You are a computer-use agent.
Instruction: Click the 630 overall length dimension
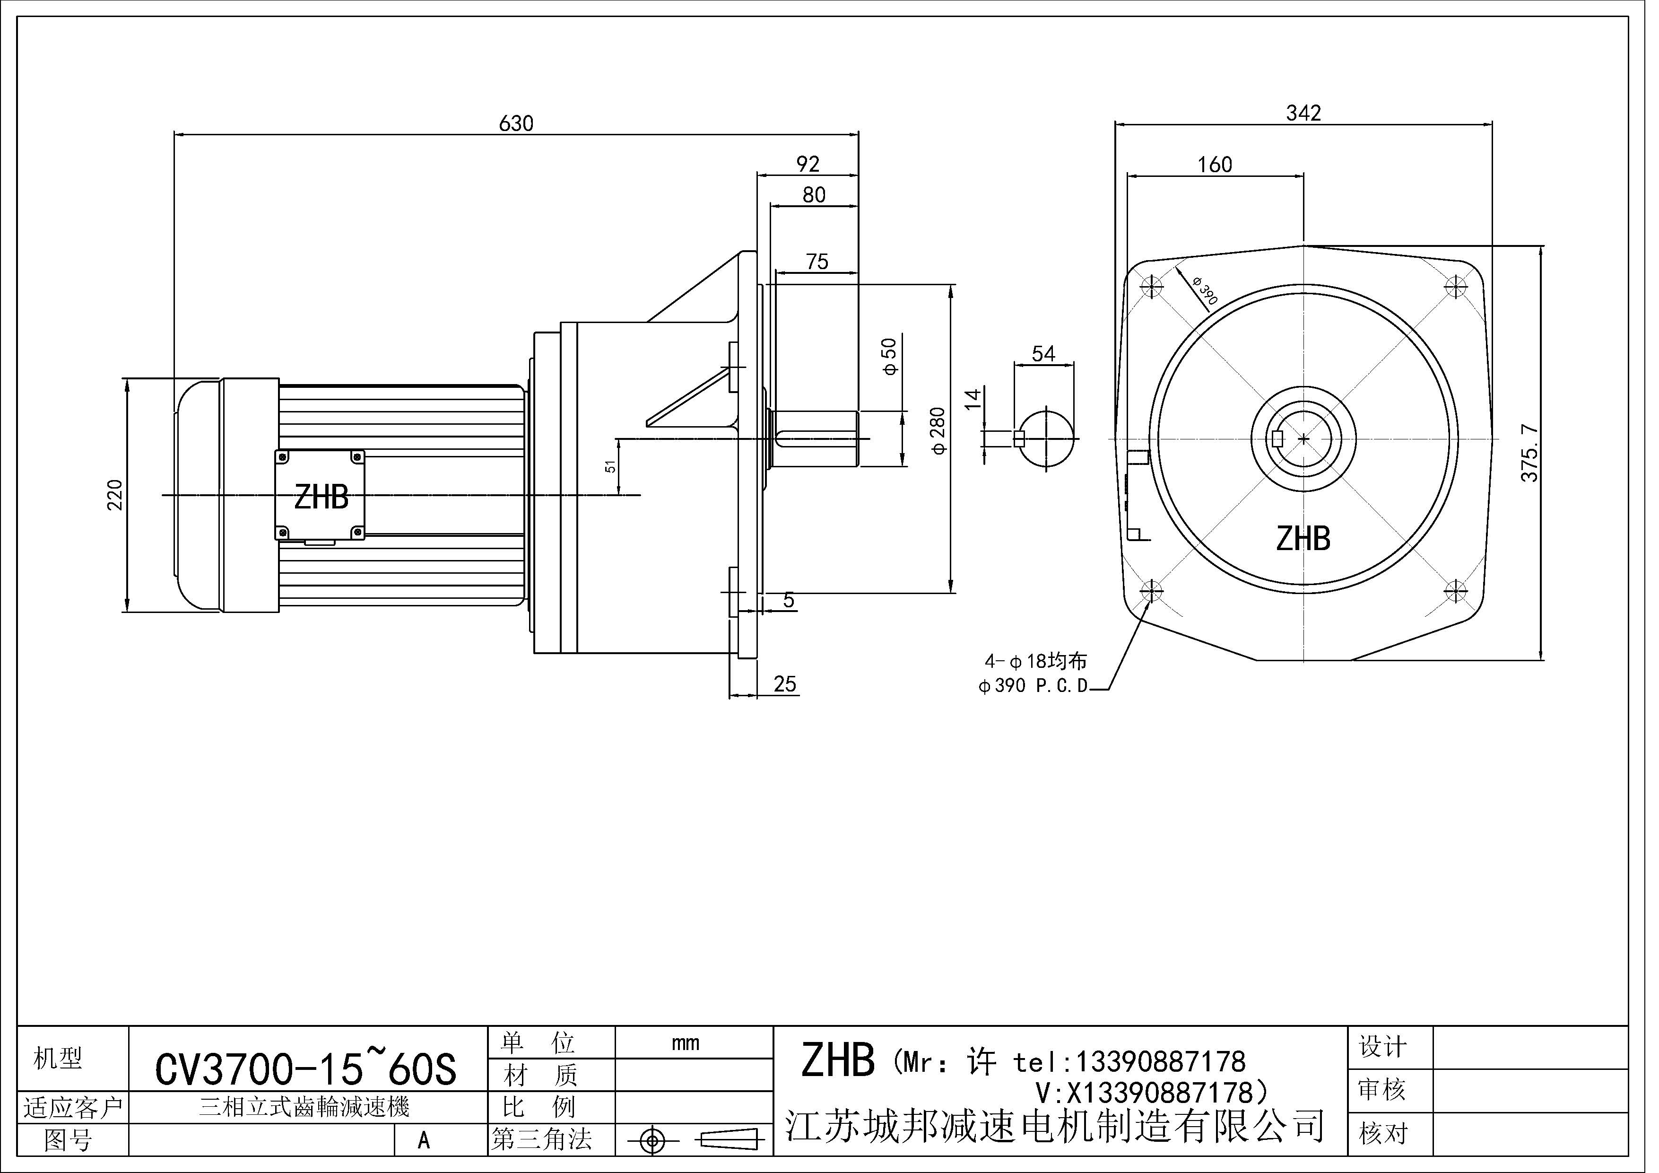point(516,123)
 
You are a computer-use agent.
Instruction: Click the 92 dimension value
point(808,164)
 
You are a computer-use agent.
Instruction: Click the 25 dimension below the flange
point(785,684)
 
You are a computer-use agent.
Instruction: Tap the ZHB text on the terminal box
point(321,497)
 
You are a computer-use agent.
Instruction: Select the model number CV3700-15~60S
point(305,1069)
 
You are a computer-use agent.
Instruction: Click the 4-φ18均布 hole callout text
point(1035,661)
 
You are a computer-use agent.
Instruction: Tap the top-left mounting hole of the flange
point(1151,287)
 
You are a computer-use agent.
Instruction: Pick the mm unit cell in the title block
point(685,1043)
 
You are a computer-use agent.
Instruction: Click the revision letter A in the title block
point(424,1140)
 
